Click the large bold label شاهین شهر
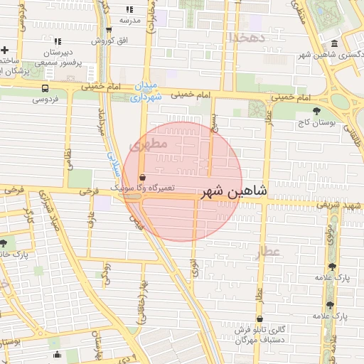pos(236,191)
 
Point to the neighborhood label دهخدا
pos(247,36)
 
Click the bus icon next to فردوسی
pos(45,89)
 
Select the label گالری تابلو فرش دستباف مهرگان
pos(261,334)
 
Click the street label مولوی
pos(329,235)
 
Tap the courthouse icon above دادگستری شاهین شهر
pos(334,42)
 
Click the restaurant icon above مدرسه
pos(129,9)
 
